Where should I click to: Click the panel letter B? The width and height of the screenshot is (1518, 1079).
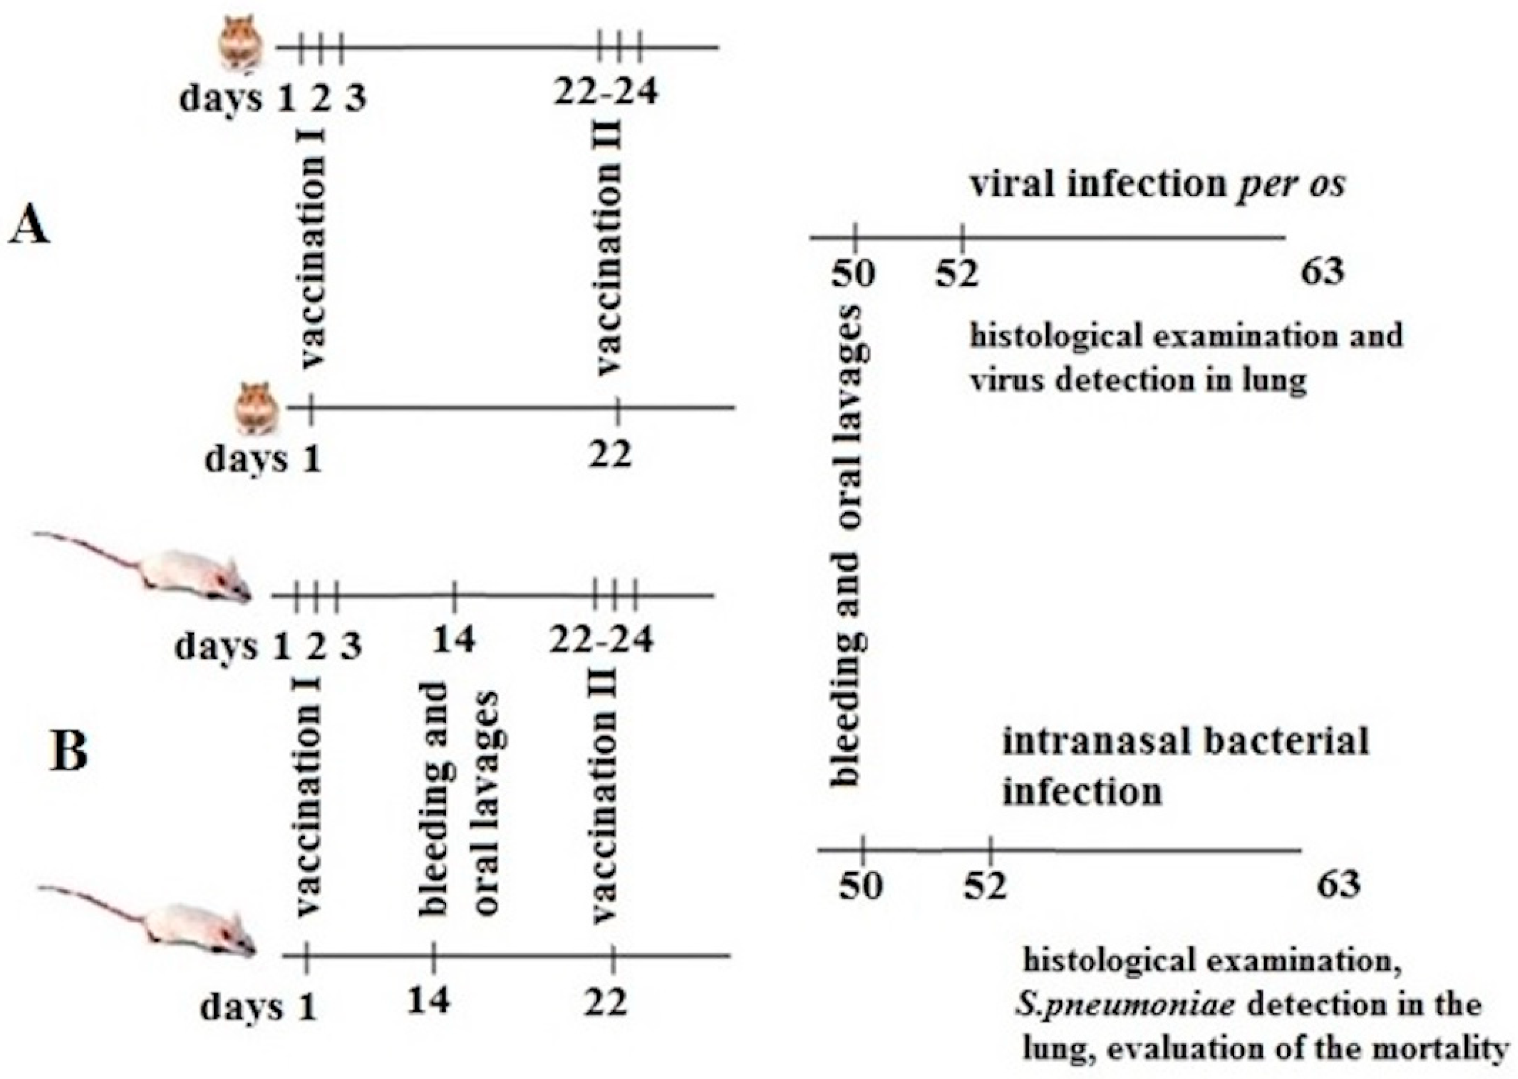(x=69, y=753)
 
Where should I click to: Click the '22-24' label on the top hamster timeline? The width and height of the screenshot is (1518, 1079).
(x=605, y=91)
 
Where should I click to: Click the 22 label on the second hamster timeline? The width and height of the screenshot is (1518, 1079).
(x=609, y=455)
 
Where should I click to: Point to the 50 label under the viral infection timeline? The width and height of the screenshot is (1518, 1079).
(x=854, y=273)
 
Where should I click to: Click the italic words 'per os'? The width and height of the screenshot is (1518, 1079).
(x=1291, y=183)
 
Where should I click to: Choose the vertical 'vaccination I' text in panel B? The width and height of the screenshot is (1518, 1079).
(x=309, y=797)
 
